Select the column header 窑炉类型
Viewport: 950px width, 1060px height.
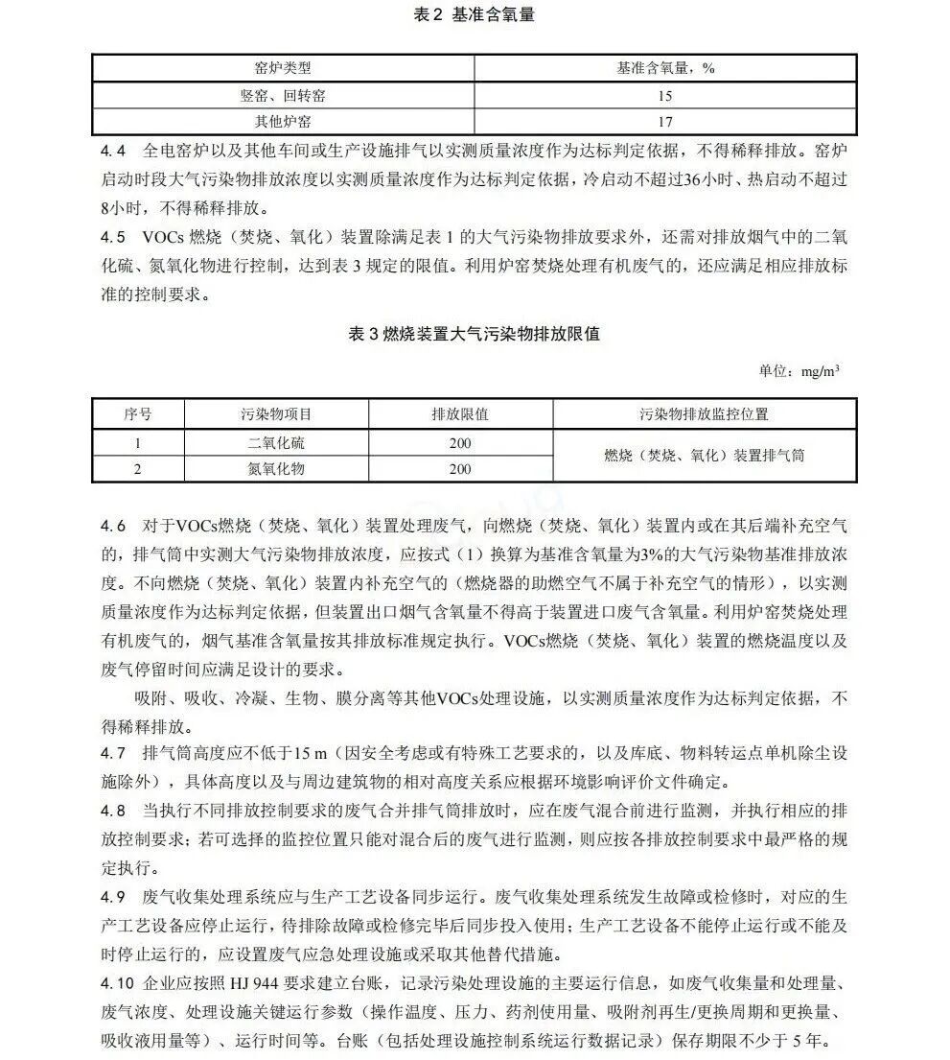[283, 68]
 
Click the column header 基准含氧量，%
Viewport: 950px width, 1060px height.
[666, 68]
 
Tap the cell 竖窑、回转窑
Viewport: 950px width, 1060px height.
[283, 96]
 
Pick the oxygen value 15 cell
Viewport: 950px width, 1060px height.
[666, 96]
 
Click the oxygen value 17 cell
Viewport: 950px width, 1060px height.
[666, 122]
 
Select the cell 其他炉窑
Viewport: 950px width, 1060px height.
[283, 122]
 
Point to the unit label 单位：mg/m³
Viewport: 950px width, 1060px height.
[799, 371]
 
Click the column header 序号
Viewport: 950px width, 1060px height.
[138, 414]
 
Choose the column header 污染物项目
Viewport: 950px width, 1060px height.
[276, 414]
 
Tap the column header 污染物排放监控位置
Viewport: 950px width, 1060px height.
[705, 414]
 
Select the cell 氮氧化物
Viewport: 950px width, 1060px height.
[276, 469]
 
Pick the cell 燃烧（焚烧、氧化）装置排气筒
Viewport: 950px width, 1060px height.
[705, 456]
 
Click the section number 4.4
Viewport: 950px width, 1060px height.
[113, 152]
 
